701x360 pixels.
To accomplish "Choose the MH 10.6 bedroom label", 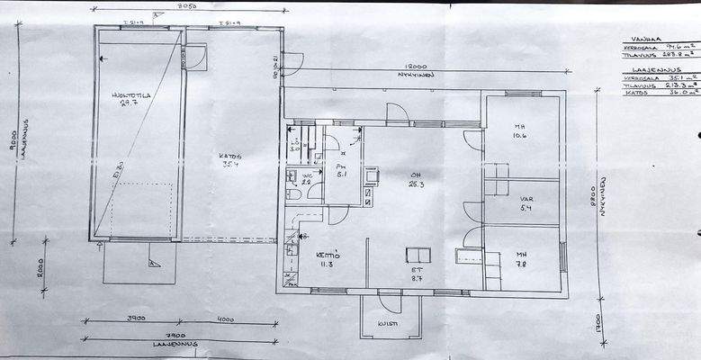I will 520,131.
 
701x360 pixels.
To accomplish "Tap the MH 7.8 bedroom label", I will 521,258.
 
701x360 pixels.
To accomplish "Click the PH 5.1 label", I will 341,171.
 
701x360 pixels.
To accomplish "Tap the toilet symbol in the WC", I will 293,192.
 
